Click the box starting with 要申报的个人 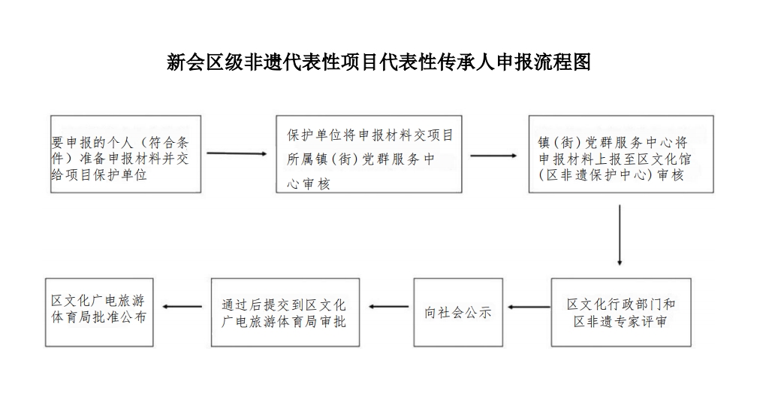(126, 154)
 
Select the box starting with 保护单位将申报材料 (369, 154)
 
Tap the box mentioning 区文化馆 (621, 154)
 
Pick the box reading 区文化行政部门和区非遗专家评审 (621, 313)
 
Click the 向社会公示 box (458, 313)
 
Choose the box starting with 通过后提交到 (285, 313)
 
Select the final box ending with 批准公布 (99, 313)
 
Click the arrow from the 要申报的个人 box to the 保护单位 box (237, 154)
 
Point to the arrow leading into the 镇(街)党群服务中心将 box (494, 156)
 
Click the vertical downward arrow (620, 235)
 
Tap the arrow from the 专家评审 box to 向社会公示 (529, 308)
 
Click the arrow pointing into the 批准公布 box (182, 307)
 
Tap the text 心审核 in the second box (309, 183)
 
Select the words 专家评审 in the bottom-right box (642, 322)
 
